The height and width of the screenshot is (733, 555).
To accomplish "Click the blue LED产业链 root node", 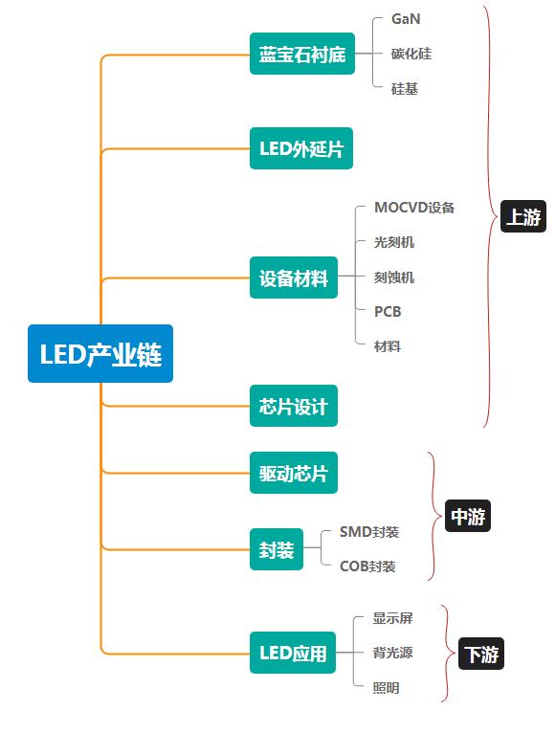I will point(100,354).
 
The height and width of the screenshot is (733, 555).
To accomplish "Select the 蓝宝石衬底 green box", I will point(301,55).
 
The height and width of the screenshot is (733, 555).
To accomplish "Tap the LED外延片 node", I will point(300,148).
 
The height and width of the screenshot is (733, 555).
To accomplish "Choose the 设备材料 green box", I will point(293,278).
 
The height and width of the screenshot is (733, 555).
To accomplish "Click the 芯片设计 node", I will point(293,407).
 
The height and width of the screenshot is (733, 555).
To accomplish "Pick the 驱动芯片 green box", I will point(293,474).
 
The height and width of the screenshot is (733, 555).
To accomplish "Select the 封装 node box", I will point(277,550).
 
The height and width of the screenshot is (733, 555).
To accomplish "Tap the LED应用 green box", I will point(293,655).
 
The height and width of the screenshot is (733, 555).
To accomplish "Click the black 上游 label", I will point(522,217).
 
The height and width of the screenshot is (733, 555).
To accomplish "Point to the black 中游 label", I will point(468,518).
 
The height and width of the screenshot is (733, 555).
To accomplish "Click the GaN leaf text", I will point(406,18).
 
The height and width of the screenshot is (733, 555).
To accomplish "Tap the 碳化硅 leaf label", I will point(411,54).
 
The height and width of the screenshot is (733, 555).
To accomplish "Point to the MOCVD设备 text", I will point(414,208).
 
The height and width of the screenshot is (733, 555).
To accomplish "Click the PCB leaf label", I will point(388,312).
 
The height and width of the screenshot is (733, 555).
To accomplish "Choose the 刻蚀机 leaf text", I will point(394,278).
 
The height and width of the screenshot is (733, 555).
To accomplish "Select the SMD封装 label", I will point(369,532).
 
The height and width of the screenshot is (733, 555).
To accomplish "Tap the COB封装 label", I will point(367,566).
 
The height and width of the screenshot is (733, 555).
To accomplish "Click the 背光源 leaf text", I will point(392,654).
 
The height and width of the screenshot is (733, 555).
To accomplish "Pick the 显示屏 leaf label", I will point(392,619).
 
